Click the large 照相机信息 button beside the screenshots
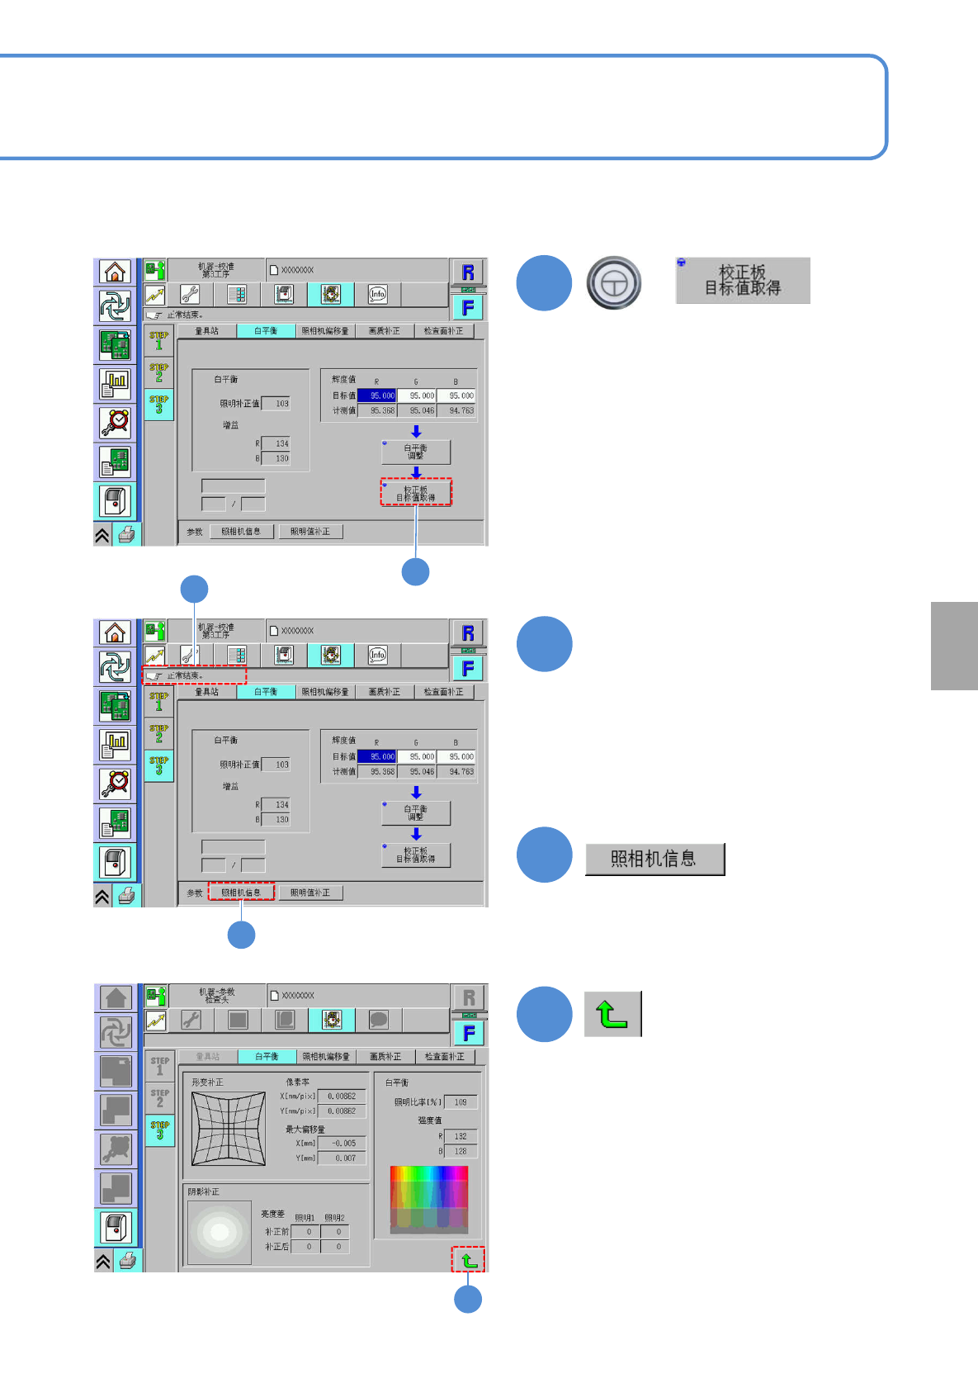click(654, 860)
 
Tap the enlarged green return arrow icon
click(612, 1014)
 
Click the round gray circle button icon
click(614, 283)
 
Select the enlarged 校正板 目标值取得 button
click(743, 281)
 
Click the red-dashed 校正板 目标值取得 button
click(416, 493)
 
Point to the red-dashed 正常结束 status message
click(195, 675)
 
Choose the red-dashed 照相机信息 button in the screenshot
click(241, 893)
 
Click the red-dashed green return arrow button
click(468, 1260)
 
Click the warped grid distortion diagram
click(229, 1129)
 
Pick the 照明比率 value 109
click(461, 1102)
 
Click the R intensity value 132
click(461, 1136)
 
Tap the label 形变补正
click(207, 1082)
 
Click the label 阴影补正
click(204, 1192)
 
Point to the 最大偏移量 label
click(305, 1129)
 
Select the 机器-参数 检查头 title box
click(217, 995)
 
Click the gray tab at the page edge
click(954, 646)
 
